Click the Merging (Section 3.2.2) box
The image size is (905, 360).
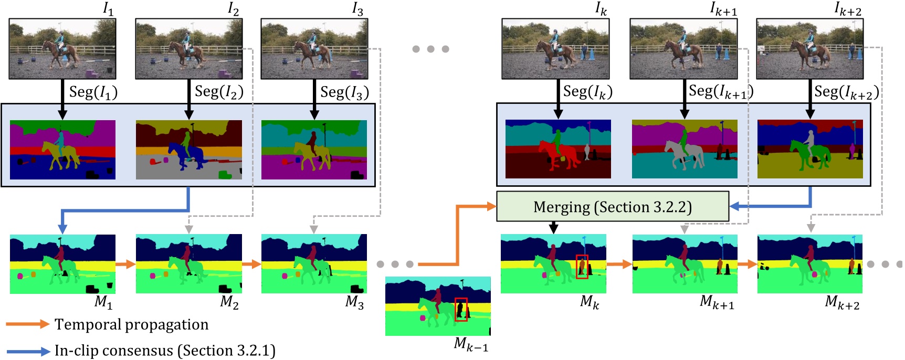point(612,207)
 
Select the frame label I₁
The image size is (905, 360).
point(108,9)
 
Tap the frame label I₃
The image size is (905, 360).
point(357,9)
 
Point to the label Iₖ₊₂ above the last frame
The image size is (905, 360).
point(847,9)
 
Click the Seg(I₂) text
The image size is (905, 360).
point(219,92)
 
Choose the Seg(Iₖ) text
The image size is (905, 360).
point(587,92)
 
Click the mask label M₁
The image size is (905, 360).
point(103,302)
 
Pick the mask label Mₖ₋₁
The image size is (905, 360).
point(470,344)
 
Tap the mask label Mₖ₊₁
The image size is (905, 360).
point(717,302)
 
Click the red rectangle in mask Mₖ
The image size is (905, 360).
point(582,267)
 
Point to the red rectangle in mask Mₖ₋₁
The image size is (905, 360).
point(461,310)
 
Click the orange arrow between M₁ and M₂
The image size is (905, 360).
point(125,264)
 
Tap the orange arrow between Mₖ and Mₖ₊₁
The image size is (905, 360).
point(619,264)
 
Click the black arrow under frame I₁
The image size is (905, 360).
point(62,100)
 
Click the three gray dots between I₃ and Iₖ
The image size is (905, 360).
point(430,49)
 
